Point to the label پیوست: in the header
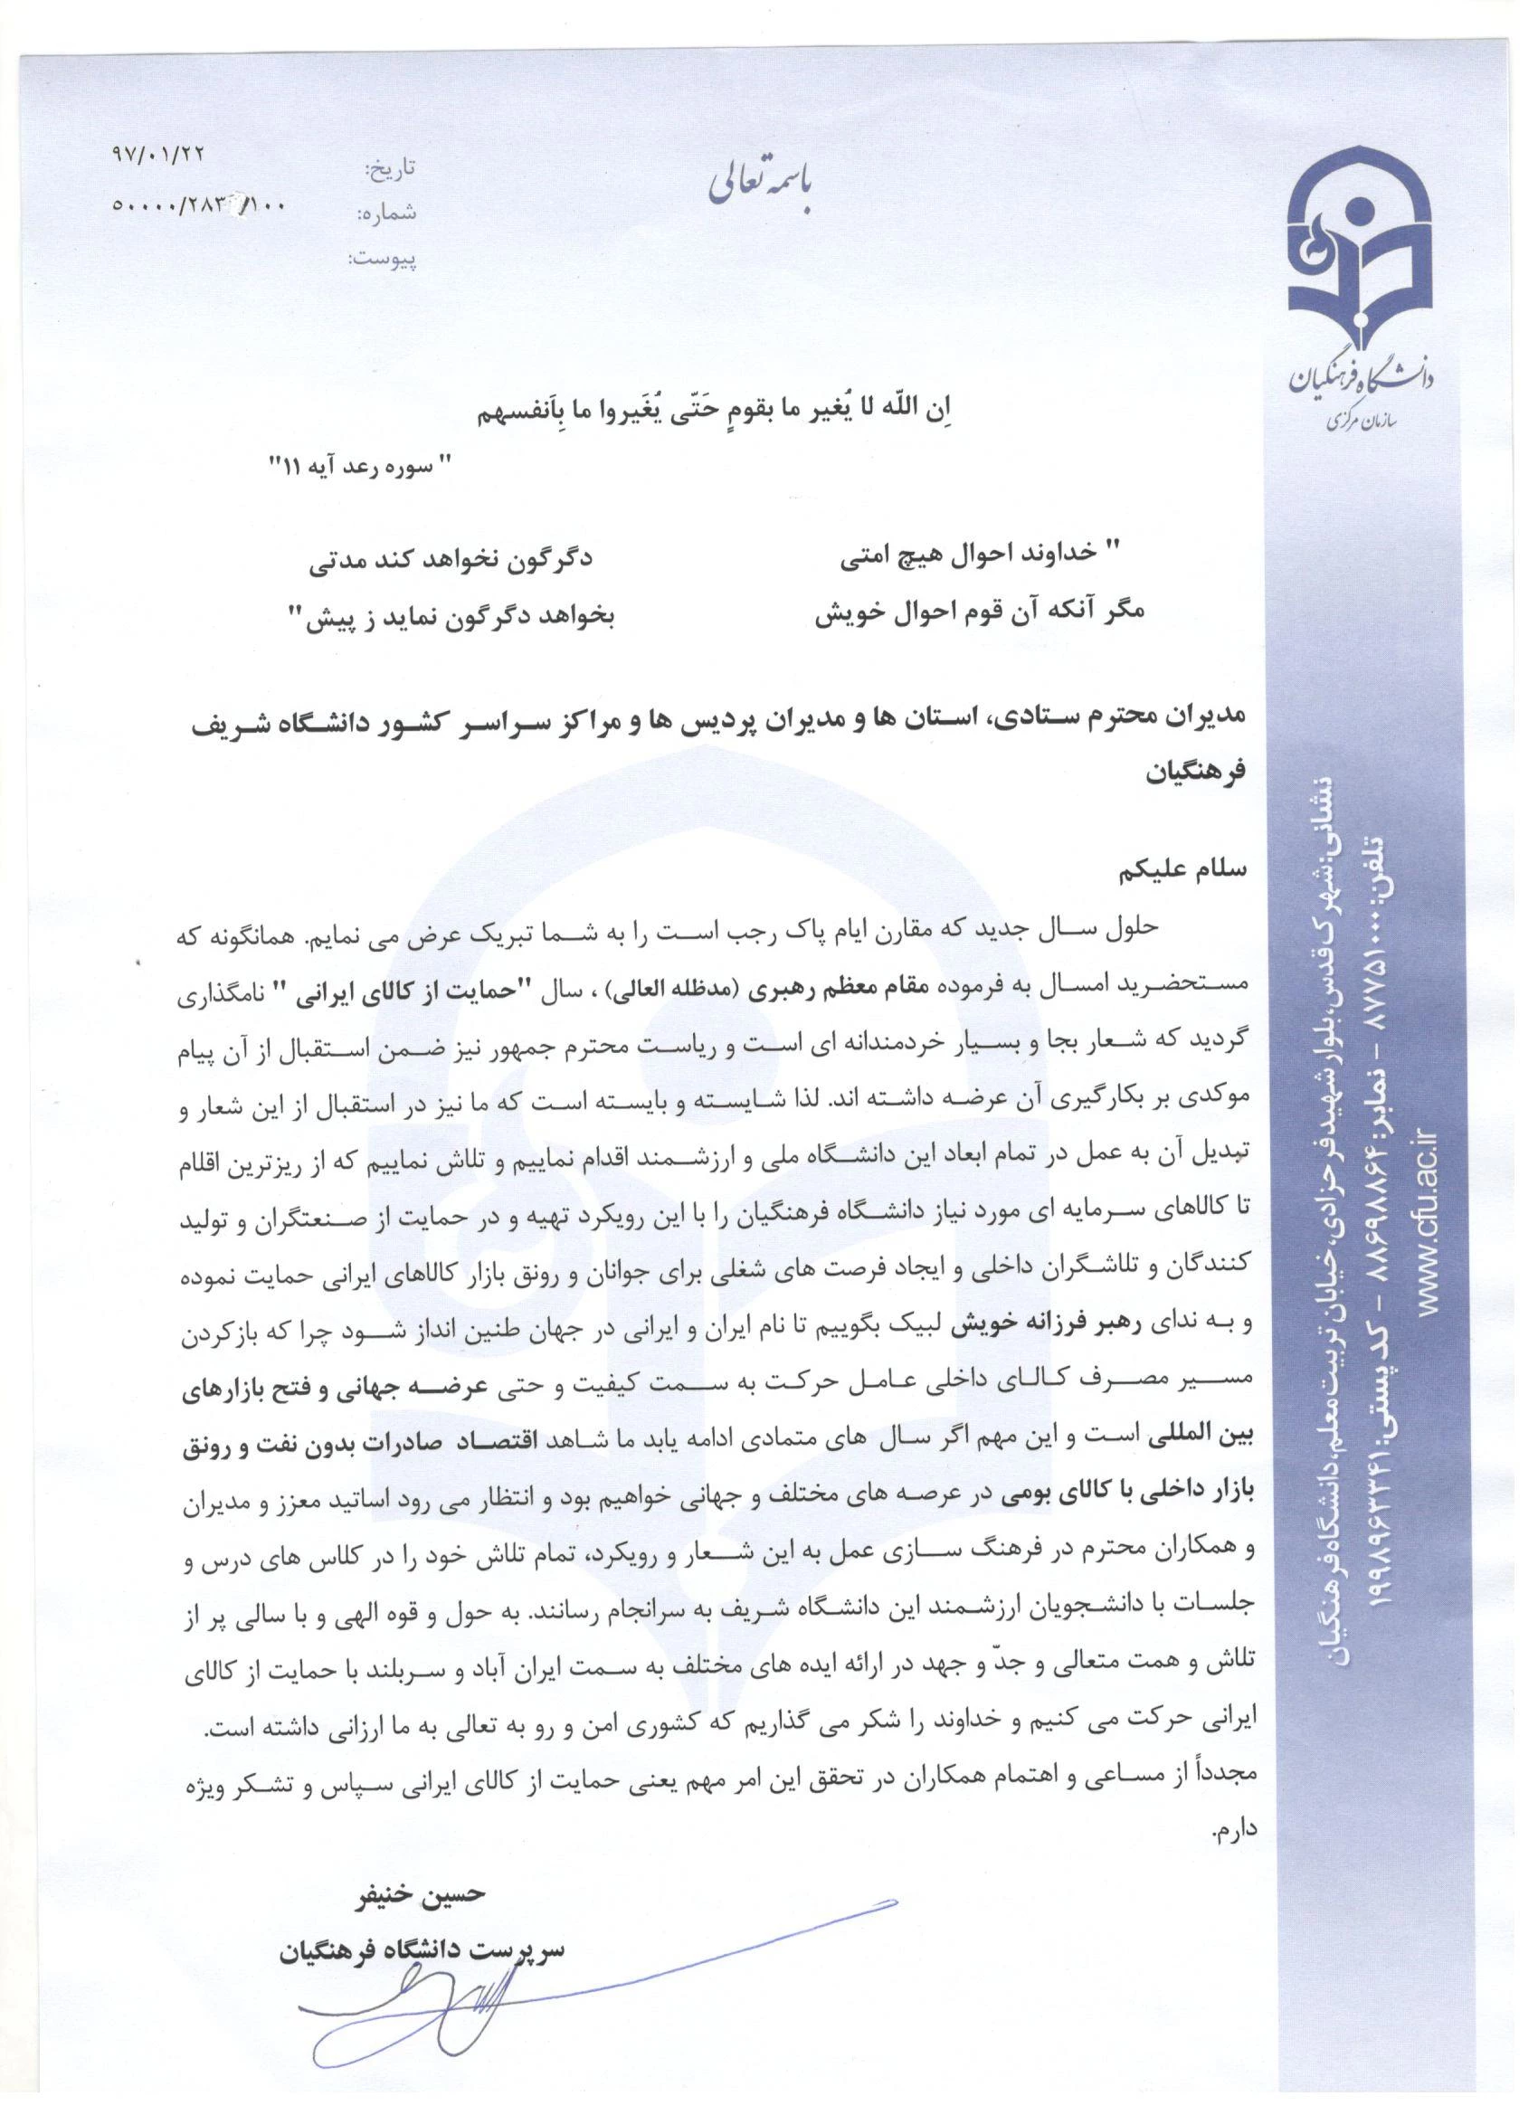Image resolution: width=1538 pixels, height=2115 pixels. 384,259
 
